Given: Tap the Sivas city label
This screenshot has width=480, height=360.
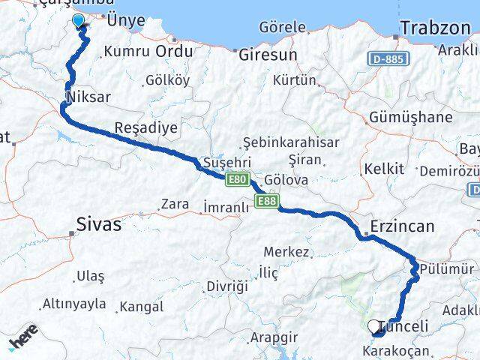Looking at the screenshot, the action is pyautogui.click(x=100, y=223).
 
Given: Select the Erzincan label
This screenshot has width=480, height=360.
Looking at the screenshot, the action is pyautogui.click(x=402, y=226).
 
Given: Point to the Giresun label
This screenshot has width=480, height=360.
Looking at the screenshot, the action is pyautogui.click(x=268, y=55).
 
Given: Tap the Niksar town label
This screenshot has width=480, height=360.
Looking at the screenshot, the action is pyautogui.click(x=88, y=97).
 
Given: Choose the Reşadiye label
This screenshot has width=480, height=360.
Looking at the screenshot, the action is pyautogui.click(x=147, y=127).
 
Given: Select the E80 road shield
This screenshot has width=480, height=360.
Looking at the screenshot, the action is pyautogui.click(x=237, y=178).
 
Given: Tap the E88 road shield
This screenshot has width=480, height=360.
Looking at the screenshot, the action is pyautogui.click(x=266, y=200).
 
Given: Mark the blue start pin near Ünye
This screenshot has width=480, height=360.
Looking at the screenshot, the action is pyautogui.click(x=79, y=21).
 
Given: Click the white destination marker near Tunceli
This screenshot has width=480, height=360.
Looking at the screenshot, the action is pyautogui.click(x=374, y=326).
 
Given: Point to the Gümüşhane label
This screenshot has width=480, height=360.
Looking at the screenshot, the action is pyautogui.click(x=411, y=118).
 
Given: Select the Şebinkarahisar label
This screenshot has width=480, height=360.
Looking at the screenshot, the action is pyautogui.click(x=292, y=142).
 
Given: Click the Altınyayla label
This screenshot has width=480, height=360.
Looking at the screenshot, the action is pyautogui.click(x=73, y=304).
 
